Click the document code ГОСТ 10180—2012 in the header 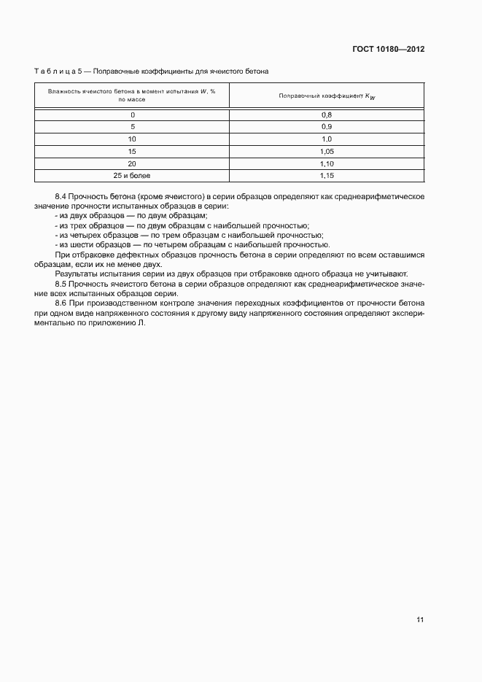point(388,49)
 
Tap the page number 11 point(420,620)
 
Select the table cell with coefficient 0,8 point(327,115)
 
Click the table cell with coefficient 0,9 point(327,127)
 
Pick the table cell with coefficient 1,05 point(327,151)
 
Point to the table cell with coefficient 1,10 point(327,163)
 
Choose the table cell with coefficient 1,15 point(327,176)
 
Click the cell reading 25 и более point(132,176)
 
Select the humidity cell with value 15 point(132,151)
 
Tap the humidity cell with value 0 point(132,115)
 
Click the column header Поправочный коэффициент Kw point(327,96)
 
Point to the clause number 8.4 point(61,197)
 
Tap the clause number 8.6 point(61,302)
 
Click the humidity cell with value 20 point(132,163)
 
